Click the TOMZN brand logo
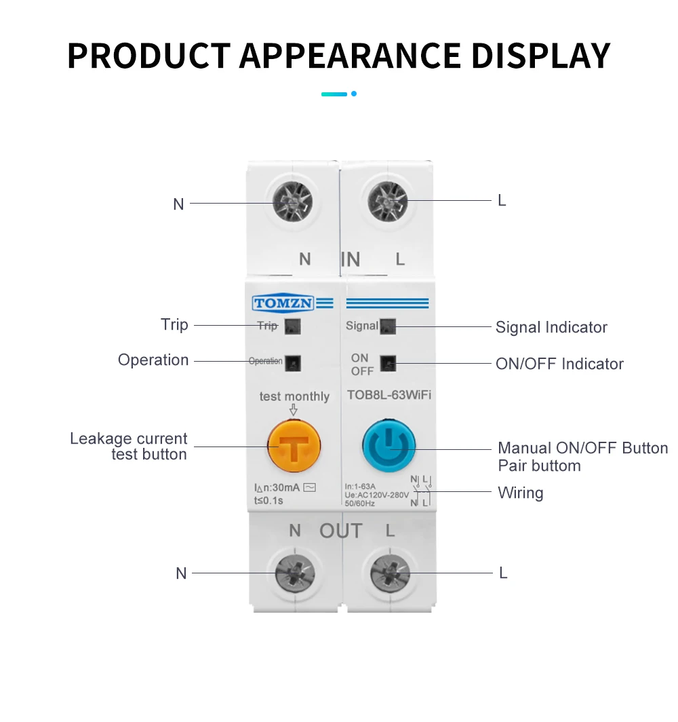click(x=283, y=303)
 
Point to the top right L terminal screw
click(x=387, y=202)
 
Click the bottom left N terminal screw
click(x=294, y=574)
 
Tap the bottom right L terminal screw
click(x=390, y=574)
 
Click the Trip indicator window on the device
click(x=293, y=326)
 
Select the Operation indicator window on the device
click(x=293, y=362)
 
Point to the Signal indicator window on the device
click(x=388, y=326)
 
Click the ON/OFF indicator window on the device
click(x=388, y=364)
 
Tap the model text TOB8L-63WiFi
click(x=388, y=396)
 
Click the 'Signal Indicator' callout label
click(x=551, y=327)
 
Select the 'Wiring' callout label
click(x=520, y=493)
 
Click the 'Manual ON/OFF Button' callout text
click(x=582, y=448)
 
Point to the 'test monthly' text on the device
click(x=294, y=396)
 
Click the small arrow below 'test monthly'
click(x=294, y=410)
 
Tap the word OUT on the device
click(x=341, y=531)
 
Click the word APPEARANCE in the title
click(x=350, y=56)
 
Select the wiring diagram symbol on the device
click(x=420, y=491)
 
